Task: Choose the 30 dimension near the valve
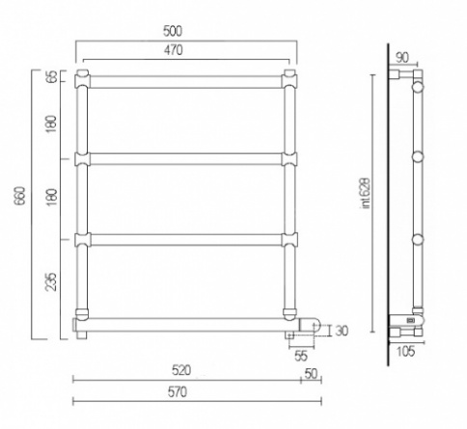coord(340,332)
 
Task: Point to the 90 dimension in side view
coord(402,57)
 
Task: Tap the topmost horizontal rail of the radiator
coord(183,78)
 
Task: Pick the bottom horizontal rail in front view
coord(183,322)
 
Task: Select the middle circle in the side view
coord(417,157)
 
